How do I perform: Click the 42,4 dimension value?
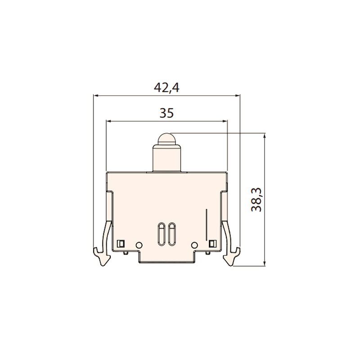[x=166, y=87]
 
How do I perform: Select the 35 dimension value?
[x=166, y=113]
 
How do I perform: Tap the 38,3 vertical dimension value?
[x=256, y=199]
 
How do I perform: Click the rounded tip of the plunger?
[x=166, y=139]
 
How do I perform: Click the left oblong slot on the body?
[x=161, y=234]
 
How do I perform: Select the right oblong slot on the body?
[x=172, y=234]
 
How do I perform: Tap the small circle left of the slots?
[x=139, y=245]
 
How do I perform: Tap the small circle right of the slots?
[x=194, y=245]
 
